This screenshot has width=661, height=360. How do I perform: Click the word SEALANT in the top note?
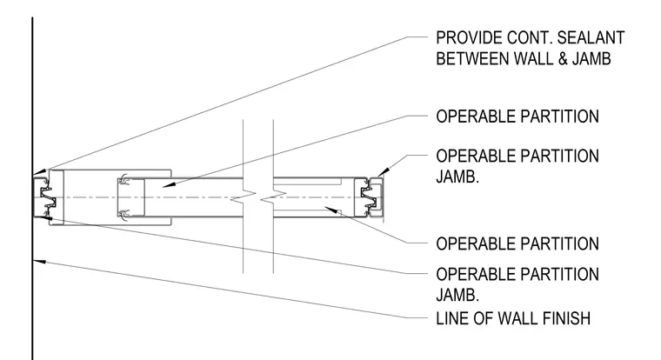pyautogui.click(x=591, y=38)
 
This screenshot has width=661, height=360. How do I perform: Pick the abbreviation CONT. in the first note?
pyautogui.click(x=529, y=38)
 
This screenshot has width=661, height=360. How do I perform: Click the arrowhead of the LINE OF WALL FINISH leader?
pyautogui.click(x=39, y=262)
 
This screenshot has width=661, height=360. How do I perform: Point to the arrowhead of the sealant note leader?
pyautogui.click(x=39, y=171)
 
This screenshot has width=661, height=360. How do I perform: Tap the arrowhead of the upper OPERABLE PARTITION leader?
pyautogui.click(x=169, y=184)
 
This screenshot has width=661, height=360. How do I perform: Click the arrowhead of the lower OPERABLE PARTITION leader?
pyautogui.click(x=331, y=210)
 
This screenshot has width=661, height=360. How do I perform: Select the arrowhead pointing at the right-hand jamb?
pyautogui.click(x=384, y=172)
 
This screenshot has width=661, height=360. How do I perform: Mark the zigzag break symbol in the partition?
pyautogui.click(x=258, y=197)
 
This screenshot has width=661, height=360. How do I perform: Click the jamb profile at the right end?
pyautogui.click(x=372, y=197)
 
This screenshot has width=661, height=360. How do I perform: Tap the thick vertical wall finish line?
pyautogui.click(x=32, y=189)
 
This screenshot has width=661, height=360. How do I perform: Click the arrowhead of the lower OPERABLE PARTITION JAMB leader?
pyautogui.click(x=45, y=217)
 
